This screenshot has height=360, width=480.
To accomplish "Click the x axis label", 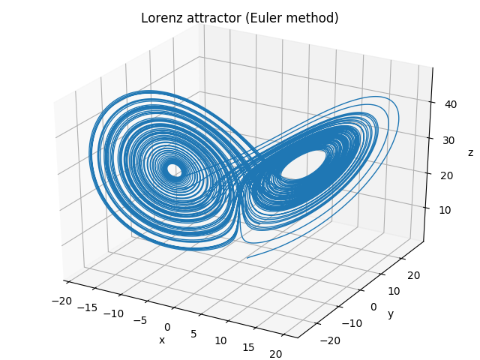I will click(161, 340).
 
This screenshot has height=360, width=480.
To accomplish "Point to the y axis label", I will click(391, 313).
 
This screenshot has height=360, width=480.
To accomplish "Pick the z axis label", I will click(470, 153).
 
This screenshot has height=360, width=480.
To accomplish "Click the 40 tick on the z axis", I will click(451, 105).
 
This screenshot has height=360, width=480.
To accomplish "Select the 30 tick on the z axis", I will click(448, 140).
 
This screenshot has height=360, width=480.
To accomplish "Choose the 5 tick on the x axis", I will click(193, 333).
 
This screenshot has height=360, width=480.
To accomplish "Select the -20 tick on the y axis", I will click(331, 340).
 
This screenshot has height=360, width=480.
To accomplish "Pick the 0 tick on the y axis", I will click(373, 307).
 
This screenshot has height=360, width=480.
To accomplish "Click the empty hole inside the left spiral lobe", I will click(174, 169).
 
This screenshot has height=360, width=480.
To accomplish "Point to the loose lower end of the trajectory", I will click(247, 259).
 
